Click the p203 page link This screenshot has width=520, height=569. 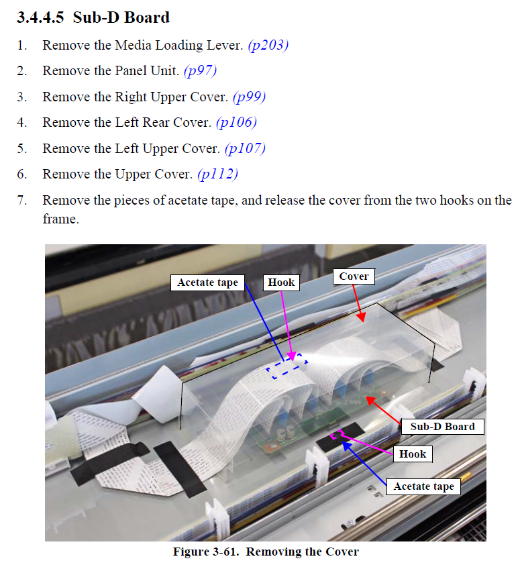tap(268, 46)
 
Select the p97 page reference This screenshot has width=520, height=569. tap(201, 70)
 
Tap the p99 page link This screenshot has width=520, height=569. tap(250, 97)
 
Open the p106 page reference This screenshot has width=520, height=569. tap(237, 123)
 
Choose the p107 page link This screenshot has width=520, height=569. tap(246, 149)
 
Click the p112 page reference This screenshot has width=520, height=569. tap(217, 174)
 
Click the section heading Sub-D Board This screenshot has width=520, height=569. tap(121, 17)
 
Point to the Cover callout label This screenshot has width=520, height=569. tap(354, 276)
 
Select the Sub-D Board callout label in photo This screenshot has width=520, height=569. tap(442, 426)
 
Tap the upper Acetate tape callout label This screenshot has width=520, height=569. tap(207, 282)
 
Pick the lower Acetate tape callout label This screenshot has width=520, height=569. tap(423, 486)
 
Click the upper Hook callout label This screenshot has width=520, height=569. tap(281, 282)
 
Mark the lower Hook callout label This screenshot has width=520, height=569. tap(413, 454)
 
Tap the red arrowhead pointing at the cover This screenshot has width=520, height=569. tap(360, 317)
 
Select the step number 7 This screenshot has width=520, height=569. tap(21, 201)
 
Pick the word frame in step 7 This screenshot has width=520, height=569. tap(60, 219)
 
